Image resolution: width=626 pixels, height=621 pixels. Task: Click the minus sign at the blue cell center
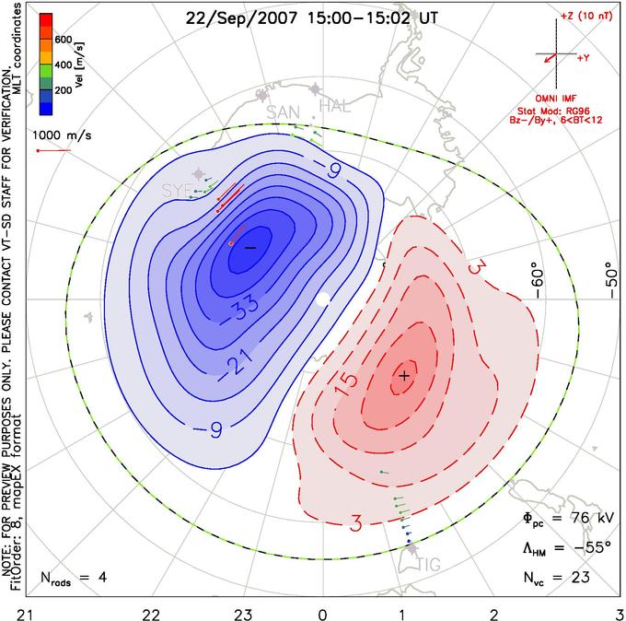pyautogui.click(x=250, y=248)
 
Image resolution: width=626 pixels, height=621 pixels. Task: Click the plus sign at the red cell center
pyautogui.click(x=405, y=376)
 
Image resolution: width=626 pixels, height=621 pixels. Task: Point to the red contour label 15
pyautogui.click(x=346, y=385)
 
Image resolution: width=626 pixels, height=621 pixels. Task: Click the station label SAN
pyautogui.click(x=283, y=112)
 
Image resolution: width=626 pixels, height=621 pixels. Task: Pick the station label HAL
pyautogui.click(x=334, y=106)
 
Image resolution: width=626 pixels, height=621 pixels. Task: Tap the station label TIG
pyautogui.click(x=429, y=565)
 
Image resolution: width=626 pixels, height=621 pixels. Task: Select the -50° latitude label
pyautogui.click(x=611, y=280)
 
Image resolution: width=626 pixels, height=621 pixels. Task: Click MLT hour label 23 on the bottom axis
pyautogui.click(x=243, y=615)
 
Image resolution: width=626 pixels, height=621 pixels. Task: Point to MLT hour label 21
pyautogui.click(x=26, y=615)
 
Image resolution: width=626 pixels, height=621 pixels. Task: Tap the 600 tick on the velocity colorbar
pyautogui.click(x=64, y=40)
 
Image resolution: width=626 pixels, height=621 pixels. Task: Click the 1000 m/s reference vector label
pyautogui.click(x=62, y=135)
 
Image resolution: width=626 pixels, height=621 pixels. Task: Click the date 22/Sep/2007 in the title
pyautogui.click(x=241, y=18)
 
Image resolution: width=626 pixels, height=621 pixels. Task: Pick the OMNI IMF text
pyautogui.click(x=556, y=99)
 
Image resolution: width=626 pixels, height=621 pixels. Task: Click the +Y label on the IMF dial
pyautogui.click(x=584, y=58)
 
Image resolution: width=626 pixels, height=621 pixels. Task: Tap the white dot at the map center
pyautogui.click(x=322, y=299)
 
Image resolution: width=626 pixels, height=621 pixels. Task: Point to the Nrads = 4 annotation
pyautogui.click(x=74, y=578)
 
